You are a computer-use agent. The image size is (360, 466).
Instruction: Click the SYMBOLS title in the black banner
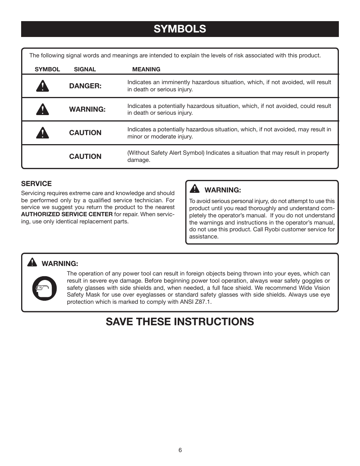click(x=180, y=29)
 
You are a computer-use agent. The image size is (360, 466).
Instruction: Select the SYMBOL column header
click(x=47, y=69)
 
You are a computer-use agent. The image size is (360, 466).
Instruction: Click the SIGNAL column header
click(x=85, y=69)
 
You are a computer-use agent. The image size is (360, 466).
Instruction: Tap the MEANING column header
click(x=146, y=69)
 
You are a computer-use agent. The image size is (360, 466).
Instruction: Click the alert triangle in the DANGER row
click(x=43, y=86)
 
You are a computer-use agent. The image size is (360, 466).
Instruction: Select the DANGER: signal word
click(x=85, y=86)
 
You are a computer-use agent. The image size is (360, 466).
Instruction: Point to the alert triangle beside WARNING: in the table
click(x=43, y=109)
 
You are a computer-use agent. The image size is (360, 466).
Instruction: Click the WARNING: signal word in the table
click(x=87, y=109)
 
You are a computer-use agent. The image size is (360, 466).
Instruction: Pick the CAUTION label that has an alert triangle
click(x=85, y=133)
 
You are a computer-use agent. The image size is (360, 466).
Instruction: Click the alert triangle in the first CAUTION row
click(x=43, y=133)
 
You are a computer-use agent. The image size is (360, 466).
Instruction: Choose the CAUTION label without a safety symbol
click(x=85, y=157)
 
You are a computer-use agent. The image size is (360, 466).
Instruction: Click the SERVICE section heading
click(x=36, y=184)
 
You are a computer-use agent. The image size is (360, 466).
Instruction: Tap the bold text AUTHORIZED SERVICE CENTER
click(x=67, y=214)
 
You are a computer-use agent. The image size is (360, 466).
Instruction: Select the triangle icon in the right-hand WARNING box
click(x=195, y=189)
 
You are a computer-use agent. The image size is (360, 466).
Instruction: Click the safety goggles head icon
click(x=45, y=289)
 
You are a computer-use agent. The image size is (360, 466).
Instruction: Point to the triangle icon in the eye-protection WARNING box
click(x=32, y=262)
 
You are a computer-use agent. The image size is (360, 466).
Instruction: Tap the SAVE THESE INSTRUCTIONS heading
click(x=180, y=321)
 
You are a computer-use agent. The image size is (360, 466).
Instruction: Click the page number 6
click(x=180, y=450)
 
